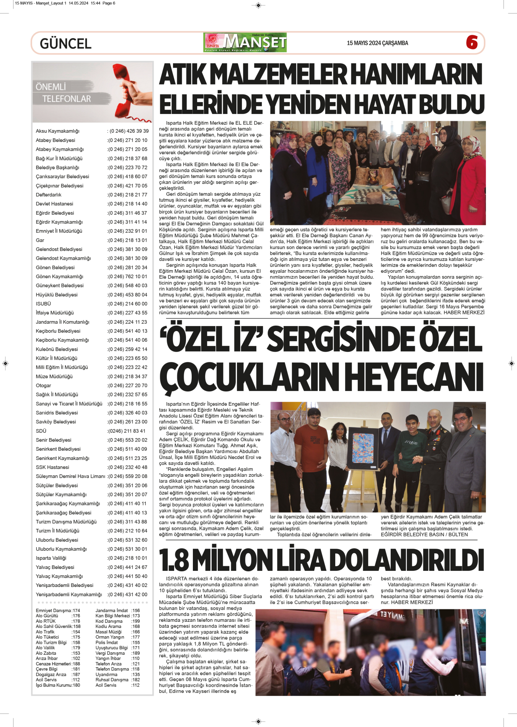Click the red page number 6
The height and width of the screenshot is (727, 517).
pyautogui.click(x=472, y=42)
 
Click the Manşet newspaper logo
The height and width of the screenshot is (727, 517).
pyautogui.click(x=245, y=42)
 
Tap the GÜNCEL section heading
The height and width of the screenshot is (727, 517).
pyautogui.click(x=65, y=44)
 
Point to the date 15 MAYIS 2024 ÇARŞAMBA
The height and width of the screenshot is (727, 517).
pyautogui.click(x=377, y=43)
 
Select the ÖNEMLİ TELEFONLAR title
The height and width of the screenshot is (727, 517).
pyautogui.click(x=64, y=93)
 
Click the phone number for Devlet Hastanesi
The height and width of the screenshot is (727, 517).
pyautogui.click(x=127, y=204)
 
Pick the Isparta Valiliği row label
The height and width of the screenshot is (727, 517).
pyautogui.click(x=51, y=558)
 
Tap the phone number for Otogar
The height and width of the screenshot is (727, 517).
pyautogui.click(x=127, y=386)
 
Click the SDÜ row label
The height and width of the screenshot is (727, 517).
pyautogui.click(x=41, y=431)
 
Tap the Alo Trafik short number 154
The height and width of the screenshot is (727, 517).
pyautogui.click(x=76, y=632)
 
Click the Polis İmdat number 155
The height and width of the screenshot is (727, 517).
pyautogui.click(x=135, y=643)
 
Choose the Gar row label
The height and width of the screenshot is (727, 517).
pyautogui.click(x=40, y=240)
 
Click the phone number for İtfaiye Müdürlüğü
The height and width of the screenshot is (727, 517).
pyautogui.click(x=127, y=313)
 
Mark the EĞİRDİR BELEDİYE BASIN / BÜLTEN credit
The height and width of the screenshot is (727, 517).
pyautogui.click(x=424, y=535)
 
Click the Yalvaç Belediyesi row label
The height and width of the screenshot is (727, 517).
pyautogui.click(x=55, y=567)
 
